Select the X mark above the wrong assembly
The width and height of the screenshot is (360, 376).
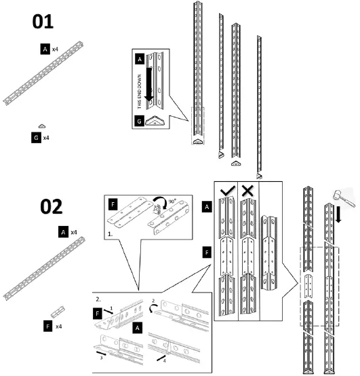tap(248, 191)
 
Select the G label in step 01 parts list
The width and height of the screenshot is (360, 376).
tap(35, 137)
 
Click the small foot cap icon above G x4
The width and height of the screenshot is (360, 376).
tap(42, 126)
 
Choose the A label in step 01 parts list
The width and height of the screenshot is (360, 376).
tap(45, 50)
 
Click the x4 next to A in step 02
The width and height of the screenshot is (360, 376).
tap(75, 232)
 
